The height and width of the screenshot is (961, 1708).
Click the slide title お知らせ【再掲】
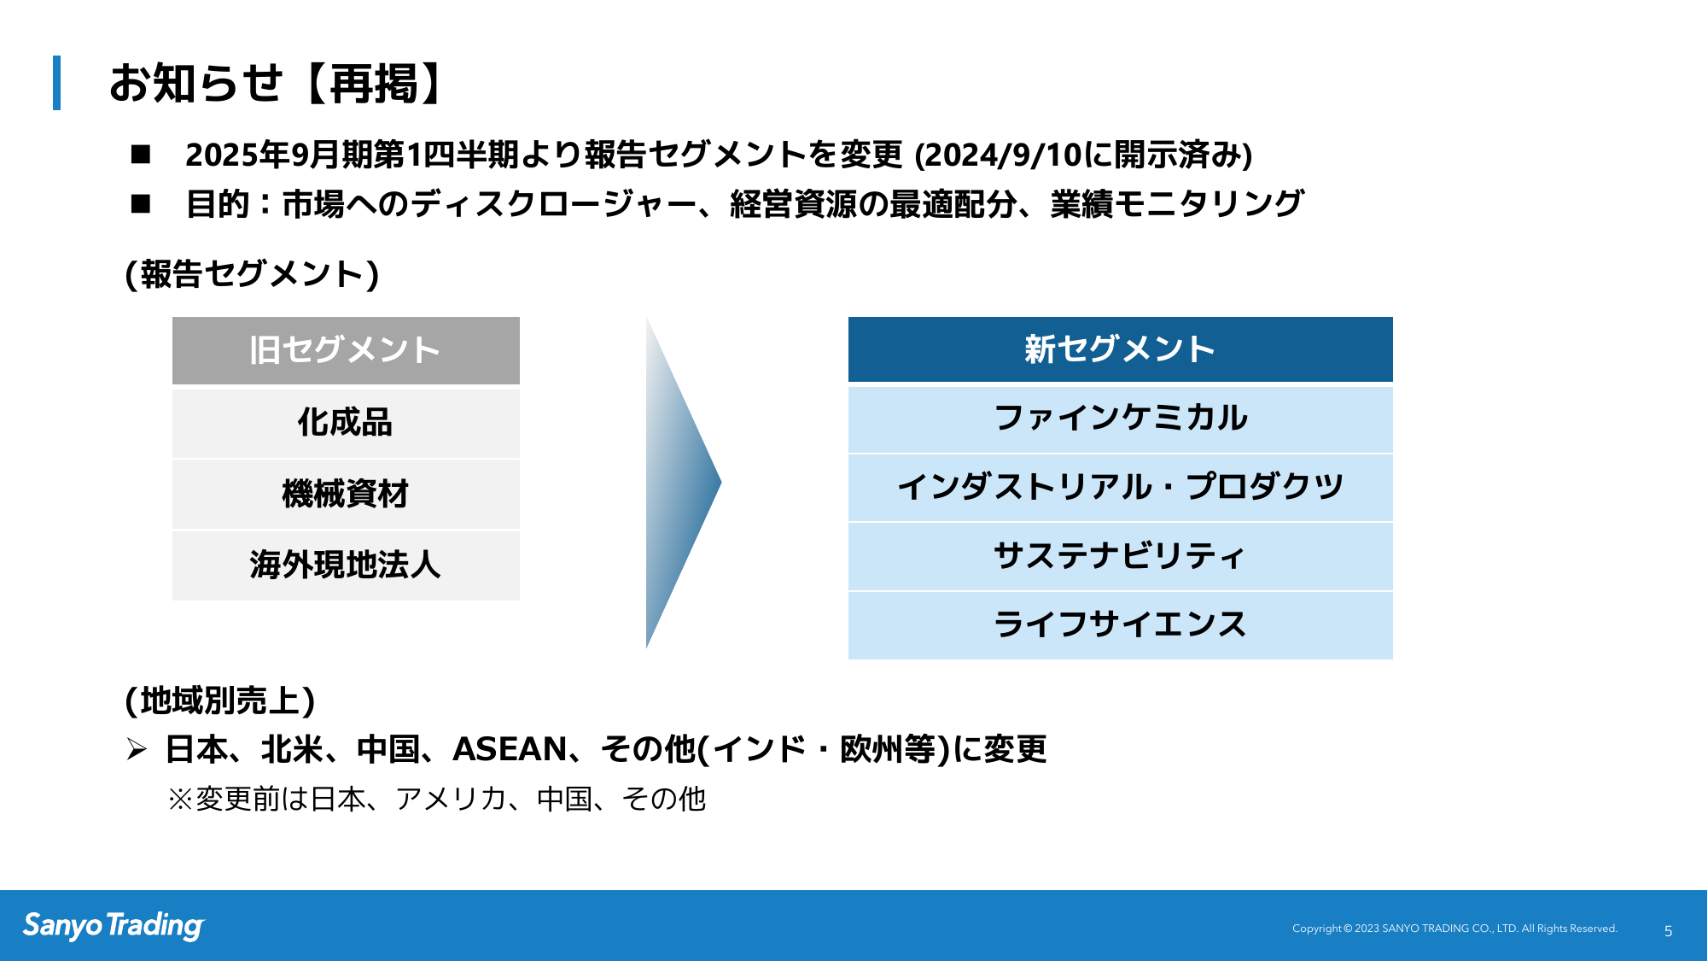(277, 84)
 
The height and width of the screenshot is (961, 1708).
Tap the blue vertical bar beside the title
(56, 83)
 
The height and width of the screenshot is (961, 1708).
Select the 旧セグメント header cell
(346, 350)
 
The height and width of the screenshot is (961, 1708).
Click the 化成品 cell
(346, 423)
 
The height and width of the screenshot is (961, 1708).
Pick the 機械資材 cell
(346, 494)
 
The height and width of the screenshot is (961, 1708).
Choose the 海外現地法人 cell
(346, 565)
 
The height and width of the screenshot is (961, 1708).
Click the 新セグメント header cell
(1120, 349)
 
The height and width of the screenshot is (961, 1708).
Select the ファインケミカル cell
(1120, 419)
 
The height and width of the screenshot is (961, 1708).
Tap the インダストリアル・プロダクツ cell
(1120, 487)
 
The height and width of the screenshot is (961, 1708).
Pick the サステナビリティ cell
(1120, 556)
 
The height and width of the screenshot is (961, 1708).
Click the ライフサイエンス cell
(1120, 625)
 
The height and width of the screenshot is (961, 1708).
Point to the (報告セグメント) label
(253, 274)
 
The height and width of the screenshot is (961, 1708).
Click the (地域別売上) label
(220, 700)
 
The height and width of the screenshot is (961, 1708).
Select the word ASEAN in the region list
(510, 749)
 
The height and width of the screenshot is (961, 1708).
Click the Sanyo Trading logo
(114, 926)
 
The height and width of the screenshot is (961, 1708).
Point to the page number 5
(1668, 931)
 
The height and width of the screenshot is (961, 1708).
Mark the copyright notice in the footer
(1454, 929)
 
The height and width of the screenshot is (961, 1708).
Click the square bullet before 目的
(141, 203)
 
